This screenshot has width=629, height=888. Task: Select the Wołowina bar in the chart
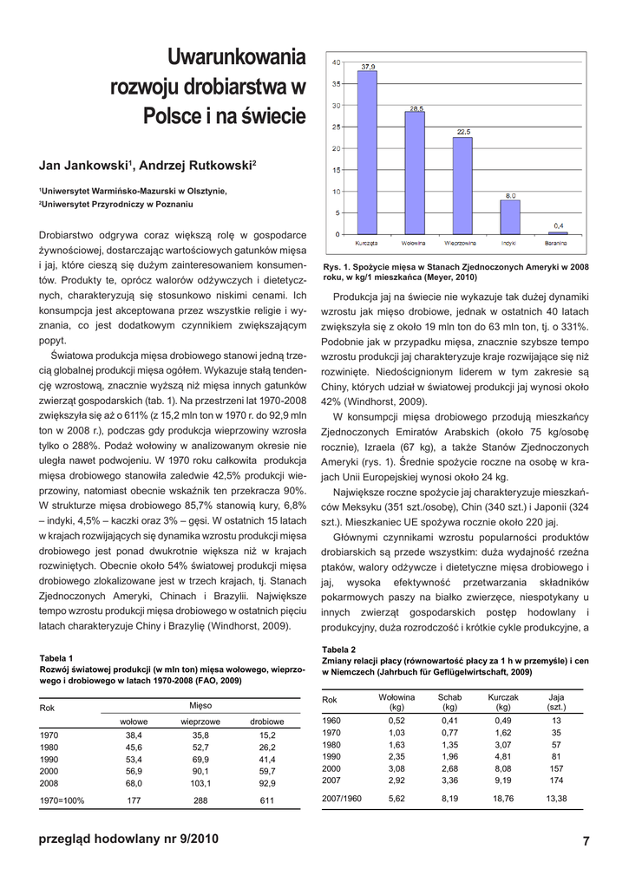click(x=415, y=173)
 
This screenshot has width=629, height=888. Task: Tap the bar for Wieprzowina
click(x=462, y=186)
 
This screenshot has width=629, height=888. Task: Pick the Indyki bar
click(x=510, y=217)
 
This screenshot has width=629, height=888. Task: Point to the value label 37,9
click(x=368, y=66)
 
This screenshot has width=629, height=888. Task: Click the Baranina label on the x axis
click(x=557, y=243)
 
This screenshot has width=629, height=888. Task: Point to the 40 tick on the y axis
click(x=335, y=62)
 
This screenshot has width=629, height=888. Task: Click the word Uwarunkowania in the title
click(x=236, y=59)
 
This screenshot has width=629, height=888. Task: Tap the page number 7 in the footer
click(x=586, y=840)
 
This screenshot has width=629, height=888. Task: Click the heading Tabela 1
click(x=57, y=658)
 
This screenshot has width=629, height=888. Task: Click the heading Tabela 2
click(x=338, y=650)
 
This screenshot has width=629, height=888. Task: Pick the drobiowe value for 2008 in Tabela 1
click(x=266, y=782)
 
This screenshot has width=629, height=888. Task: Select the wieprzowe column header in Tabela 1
click(x=200, y=721)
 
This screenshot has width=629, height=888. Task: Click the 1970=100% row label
click(x=62, y=801)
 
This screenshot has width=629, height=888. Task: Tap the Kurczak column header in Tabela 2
click(x=503, y=697)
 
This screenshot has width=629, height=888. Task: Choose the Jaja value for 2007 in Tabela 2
click(x=556, y=780)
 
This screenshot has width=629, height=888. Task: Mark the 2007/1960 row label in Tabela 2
click(x=342, y=798)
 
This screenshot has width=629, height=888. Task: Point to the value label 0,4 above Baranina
click(x=558, y=225)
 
